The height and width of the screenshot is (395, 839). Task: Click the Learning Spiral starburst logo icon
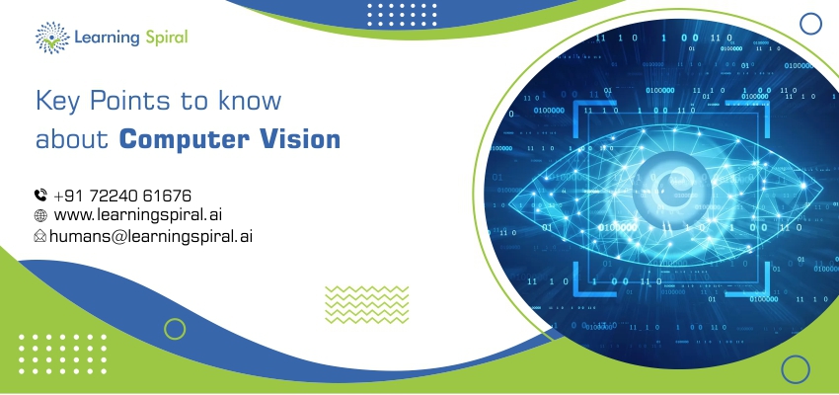(x=52, y=38)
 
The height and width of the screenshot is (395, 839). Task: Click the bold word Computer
(x=184, y=140)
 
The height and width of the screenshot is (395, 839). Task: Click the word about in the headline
(x=72, y=139)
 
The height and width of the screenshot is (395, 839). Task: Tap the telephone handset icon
(x=40, y=196)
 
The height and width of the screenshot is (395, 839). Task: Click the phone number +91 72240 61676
(x=122, y=196)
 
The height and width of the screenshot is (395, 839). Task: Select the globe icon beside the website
(x=40, y=215)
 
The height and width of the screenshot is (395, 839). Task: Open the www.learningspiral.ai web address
(x=138, y=215)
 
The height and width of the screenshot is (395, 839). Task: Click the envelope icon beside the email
(x=40, y=235)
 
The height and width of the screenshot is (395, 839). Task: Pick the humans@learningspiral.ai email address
(x=151, y=236)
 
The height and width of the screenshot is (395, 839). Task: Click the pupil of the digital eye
(x=669, y=193)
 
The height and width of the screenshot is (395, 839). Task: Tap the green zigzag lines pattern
(x=366, y=304)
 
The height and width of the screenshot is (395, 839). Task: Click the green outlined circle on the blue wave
(x=175, y=329)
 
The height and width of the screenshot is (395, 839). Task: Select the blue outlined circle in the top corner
(x=810, y=24)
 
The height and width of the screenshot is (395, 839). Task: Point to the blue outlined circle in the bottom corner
(x=796, y=369)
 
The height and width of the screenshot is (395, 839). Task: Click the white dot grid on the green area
(x=62, y=354)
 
